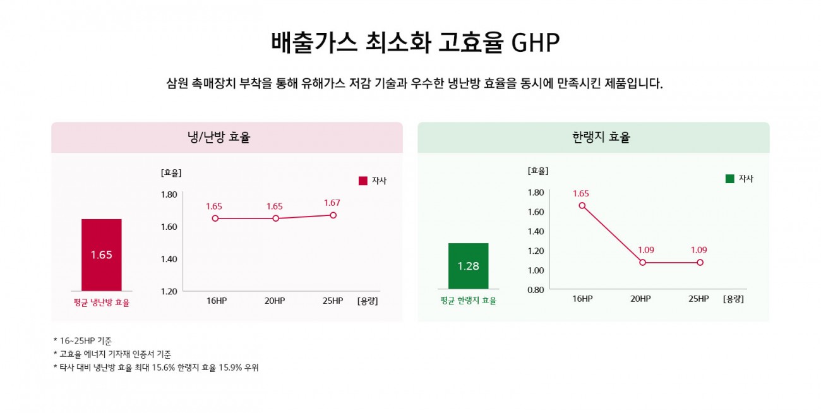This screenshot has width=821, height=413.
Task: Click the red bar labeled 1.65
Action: [102, 255]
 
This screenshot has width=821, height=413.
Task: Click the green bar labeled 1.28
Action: [469, 266]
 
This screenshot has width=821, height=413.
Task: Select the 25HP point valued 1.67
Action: [333, 215]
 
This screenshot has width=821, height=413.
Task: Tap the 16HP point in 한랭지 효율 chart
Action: [582, 206]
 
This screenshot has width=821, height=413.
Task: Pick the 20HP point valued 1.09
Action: [642, 262]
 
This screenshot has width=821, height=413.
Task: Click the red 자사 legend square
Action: [363, 181]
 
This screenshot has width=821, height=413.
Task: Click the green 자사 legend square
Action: [729, 179]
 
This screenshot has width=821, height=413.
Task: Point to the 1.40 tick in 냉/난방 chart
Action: [169, 259]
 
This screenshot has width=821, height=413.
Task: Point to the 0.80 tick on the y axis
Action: [536, 290]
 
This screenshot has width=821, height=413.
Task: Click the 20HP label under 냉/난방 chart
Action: [275, 301]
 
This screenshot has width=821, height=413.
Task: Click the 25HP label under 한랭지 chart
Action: [698, 299]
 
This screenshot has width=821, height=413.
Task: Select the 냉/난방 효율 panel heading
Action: [219, 137]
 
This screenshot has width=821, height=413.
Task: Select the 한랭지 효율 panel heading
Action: [601, 137]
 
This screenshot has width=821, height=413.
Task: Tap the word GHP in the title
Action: [535, 43]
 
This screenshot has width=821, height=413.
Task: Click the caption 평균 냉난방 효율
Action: [102, 302]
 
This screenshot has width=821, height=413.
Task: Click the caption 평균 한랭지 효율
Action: [469, 301]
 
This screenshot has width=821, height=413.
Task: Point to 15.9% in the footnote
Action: [231, 368]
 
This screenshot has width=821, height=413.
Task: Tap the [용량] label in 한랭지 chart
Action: [733, 299]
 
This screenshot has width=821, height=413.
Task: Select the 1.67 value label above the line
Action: [332, 203]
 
